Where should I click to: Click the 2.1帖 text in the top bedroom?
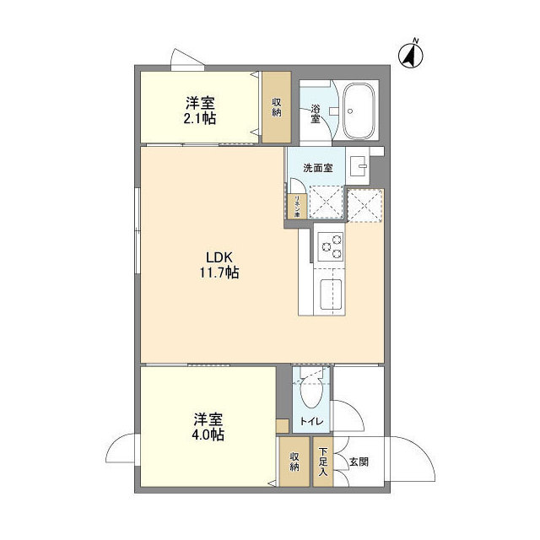point(201,118)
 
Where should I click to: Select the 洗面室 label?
point(317,167)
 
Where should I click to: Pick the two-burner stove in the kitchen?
point(330,246)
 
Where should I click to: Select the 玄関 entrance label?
point(359,462)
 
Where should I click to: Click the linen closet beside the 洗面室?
point(297,207)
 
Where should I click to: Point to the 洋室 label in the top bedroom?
point(201,103)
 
